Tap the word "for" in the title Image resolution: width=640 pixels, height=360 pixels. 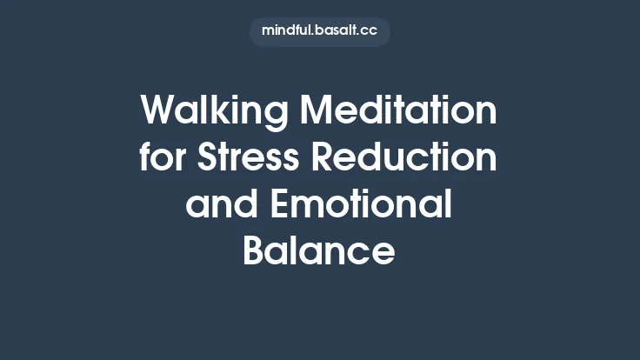pos(163,159)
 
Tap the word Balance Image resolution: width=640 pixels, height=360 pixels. pos(319,252)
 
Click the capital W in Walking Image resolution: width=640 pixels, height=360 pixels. pos(159,112)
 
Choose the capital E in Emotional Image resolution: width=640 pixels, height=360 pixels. pos(281,206)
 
